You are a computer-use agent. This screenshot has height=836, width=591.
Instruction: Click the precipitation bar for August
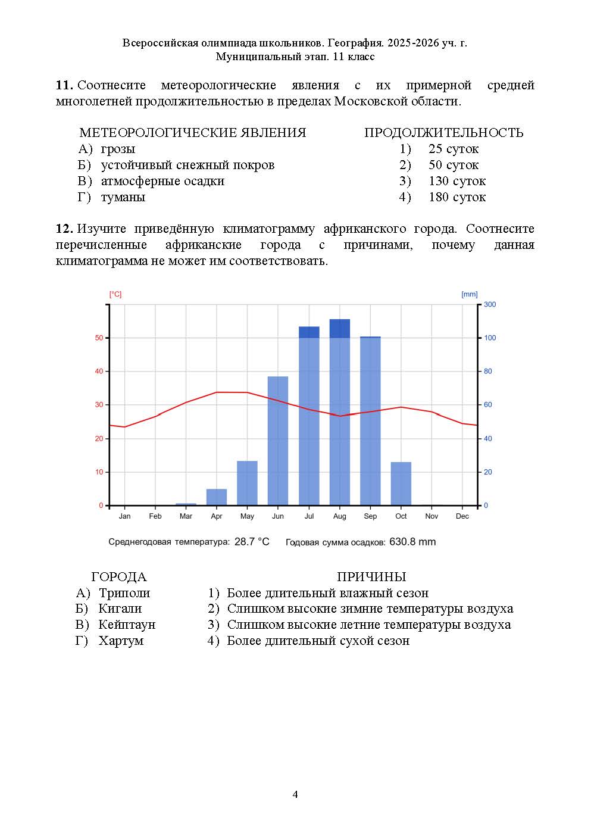coord(339,417)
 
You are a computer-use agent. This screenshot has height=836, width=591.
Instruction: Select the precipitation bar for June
coord(278,441)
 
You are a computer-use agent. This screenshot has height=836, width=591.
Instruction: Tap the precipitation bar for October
coord(401,483)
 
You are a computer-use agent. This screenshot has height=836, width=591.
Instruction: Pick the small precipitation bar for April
coord(217,497)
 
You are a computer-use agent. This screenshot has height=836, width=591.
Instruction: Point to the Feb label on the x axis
coord(155,516)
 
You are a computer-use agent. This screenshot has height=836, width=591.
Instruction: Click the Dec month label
coord(462,516)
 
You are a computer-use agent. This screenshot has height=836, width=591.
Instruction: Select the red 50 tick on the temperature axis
coord(99,338)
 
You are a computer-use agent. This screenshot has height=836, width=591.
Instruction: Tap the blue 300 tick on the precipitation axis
coord(490,304)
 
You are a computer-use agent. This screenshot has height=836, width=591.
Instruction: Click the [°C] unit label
coord(115,294)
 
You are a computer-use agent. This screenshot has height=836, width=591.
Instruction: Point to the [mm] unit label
coord(470,294)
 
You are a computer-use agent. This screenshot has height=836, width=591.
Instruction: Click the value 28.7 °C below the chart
coord(252,542)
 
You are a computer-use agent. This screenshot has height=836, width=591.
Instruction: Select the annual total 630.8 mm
coord(412,542)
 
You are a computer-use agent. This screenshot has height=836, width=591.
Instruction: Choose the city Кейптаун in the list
coord(127,625)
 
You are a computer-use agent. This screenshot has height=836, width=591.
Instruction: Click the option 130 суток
coord(457,181)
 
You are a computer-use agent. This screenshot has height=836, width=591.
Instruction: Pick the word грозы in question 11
coord(118,149)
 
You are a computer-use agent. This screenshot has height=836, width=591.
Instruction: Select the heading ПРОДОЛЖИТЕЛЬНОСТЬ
coord(443,132)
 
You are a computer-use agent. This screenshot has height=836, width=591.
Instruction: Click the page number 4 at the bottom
coord(295,794)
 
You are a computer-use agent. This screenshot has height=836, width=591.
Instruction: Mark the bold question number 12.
coord(64,229)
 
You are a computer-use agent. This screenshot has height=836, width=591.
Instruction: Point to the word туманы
coord(123,197)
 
